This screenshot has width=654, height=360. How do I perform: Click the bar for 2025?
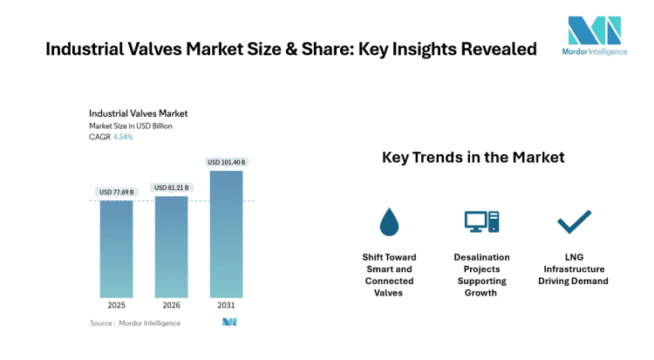[116, 248]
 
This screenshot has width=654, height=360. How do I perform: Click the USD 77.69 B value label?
[116, 192]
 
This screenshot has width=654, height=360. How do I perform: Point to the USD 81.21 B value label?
[171, 187]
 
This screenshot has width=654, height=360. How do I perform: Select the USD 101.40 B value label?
[226, 162]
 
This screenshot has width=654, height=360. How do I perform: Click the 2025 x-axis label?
[116, 306]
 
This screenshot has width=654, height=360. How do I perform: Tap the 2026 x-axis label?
[171, 306]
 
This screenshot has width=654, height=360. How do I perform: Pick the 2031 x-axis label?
[226, 306]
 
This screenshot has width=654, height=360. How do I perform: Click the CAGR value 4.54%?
[123, 137]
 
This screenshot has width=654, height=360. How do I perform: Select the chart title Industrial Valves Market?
[138, 113]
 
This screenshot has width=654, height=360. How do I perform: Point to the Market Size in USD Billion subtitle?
[131, 126]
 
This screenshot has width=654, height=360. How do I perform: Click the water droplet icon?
[389, 222]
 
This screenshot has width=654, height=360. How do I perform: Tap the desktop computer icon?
[480, 222]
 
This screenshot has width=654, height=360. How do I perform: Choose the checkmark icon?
[574, 222]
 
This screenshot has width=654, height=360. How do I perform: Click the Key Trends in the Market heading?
[473, 158]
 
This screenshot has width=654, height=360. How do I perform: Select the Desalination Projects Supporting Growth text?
[481, 275]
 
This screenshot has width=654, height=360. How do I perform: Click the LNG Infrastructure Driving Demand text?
[573, 269]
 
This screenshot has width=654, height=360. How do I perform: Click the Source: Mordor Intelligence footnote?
[135, 323]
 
